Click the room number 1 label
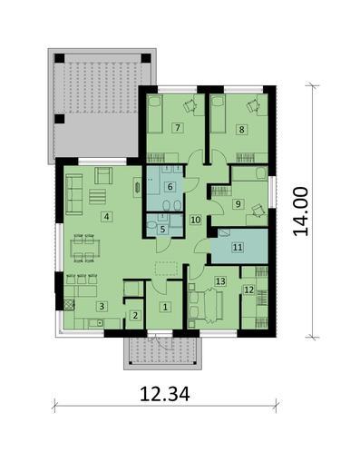(x=165, y=308)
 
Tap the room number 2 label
(x=135, y=316)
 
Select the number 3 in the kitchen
(x=102, y=308)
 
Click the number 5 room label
(x=162, y=230)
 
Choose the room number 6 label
(x=170, y=187)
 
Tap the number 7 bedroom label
(x=178, y=128)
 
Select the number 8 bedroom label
(x=241, y=129)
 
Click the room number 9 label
(x=237, y=205)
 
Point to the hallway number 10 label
(x=195, y=220)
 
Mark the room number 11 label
(x=238, y=246)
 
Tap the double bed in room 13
(x=208, y=303)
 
